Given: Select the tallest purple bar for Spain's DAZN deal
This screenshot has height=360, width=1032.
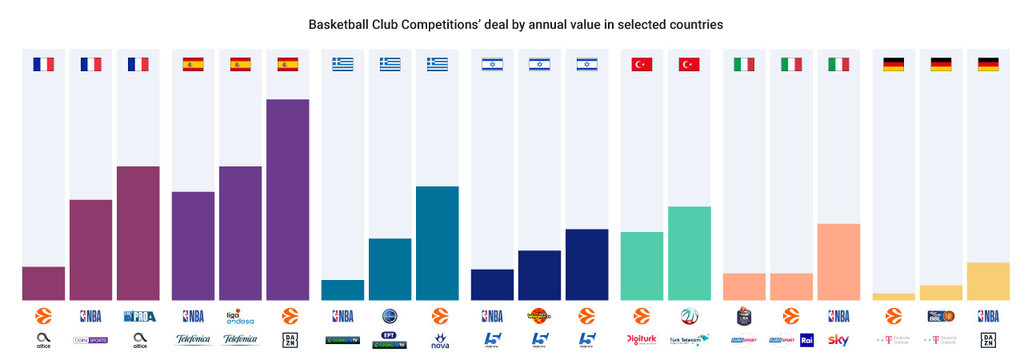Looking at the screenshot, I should pos(287,199).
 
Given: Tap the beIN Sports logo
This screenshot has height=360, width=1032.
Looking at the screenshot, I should pos(90,340).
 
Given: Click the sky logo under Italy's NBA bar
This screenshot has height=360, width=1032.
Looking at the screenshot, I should pos(838,340).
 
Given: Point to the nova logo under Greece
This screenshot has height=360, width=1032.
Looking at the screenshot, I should pos(437,342).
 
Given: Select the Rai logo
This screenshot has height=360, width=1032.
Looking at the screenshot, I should pos(806,340).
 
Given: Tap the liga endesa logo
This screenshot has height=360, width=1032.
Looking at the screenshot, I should pos(240,316).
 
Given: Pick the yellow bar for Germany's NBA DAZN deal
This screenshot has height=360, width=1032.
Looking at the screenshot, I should pos(988,282).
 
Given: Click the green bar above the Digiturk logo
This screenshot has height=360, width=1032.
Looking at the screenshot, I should pos(641,266).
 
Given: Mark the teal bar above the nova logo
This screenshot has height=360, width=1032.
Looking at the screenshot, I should pos(437,243).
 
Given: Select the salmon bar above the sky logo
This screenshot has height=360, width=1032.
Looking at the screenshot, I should pos(838,262).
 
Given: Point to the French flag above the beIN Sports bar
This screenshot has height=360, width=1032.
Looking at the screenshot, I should pos(90,64).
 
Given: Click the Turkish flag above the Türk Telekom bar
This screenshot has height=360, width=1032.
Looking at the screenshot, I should pos(688,64).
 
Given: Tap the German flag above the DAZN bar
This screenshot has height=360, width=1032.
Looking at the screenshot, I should pos(988,64).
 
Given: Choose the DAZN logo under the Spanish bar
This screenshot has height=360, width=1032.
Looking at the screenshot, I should pos(287,340).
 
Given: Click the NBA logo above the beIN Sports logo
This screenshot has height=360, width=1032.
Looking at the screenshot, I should pos(90,316).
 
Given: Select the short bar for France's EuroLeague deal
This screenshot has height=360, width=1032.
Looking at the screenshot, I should pos(43,283).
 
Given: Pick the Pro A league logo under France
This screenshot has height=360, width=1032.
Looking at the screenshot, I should pos(138,316).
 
